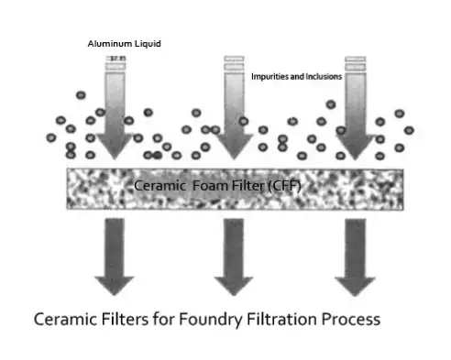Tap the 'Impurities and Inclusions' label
pos(296,77)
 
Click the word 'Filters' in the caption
pos(132,322)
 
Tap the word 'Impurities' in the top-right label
pos(271,77)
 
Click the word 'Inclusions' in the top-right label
pos(322,77)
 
